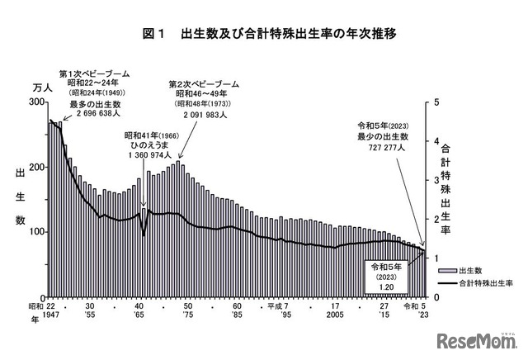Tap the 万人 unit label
[x=41, y=86]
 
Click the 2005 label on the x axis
[x=335, y=315]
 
